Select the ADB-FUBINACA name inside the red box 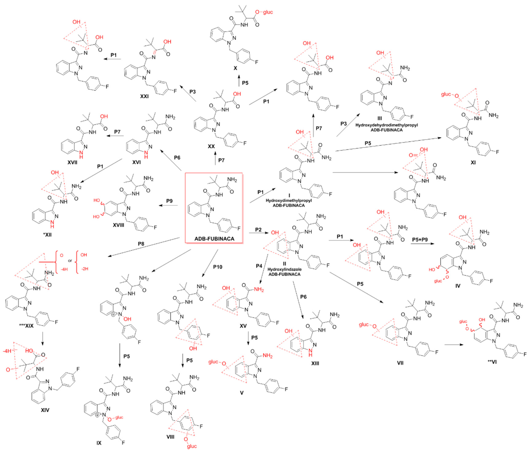[x=214, y=239]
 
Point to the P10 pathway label [x=218, y=267]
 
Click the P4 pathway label [x=259, y=266]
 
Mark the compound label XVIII [x=118, y=225]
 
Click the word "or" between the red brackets [x=70, y=261]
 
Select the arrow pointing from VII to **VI [x=454, y=345]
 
